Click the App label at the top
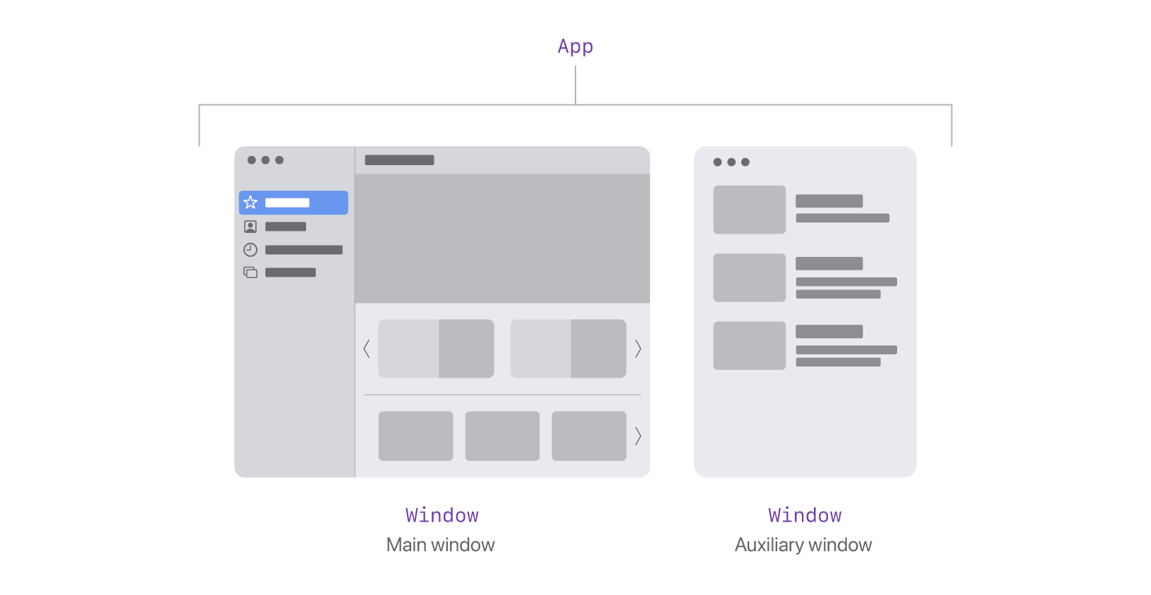(x=575, y=47)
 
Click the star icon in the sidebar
(x=250, y=203)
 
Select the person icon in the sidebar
(x=250, y=227)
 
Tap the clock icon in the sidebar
(x=250, y=249)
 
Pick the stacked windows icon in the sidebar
(x=250, y=272)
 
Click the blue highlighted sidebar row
(x=293, y=203)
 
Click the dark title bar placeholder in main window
(x=399, y=160)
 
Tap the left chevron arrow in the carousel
(x=367, y=348)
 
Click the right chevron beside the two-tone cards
(x=638, y=348)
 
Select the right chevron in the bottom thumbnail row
(x=638, y=436)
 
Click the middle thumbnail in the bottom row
(x=502, y=436)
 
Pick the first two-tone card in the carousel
(x=436, y=348)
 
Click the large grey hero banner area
(x=502, y=238)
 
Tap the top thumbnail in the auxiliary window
(x=749, y=210)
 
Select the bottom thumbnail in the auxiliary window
(x=749, y=345)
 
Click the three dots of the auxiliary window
(x=731, y=162)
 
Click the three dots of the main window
(x=265, y=160)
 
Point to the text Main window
(x=441, y=545)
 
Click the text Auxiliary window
(x=803, y=545)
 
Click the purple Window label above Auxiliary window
(x=805, y=515)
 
